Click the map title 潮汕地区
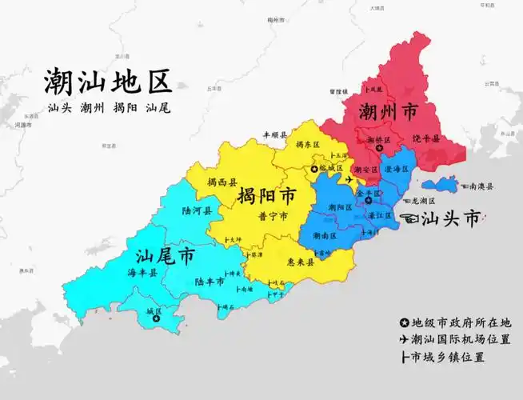(x=109, y=83)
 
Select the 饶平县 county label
(x=425, y=138)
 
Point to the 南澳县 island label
(x=480, y=186)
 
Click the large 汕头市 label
(x=451, y=218)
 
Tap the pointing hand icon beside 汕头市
(x=412, y=218)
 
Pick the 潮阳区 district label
(x=340, y=207)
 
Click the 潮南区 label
(x=325, y=235)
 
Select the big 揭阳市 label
(x=265, y=196)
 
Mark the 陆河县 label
(x=196, y=211)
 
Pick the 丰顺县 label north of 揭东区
(x=275, y=136)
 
